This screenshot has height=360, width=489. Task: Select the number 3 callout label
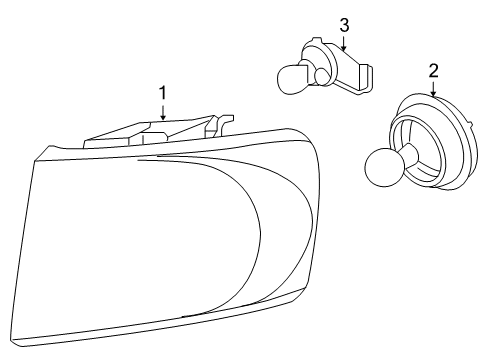coord(343,23)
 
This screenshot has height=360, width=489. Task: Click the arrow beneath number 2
coord(433,88)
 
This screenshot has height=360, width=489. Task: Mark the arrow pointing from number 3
coord(343,41)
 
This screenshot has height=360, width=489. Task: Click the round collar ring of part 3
coord(318,58)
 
